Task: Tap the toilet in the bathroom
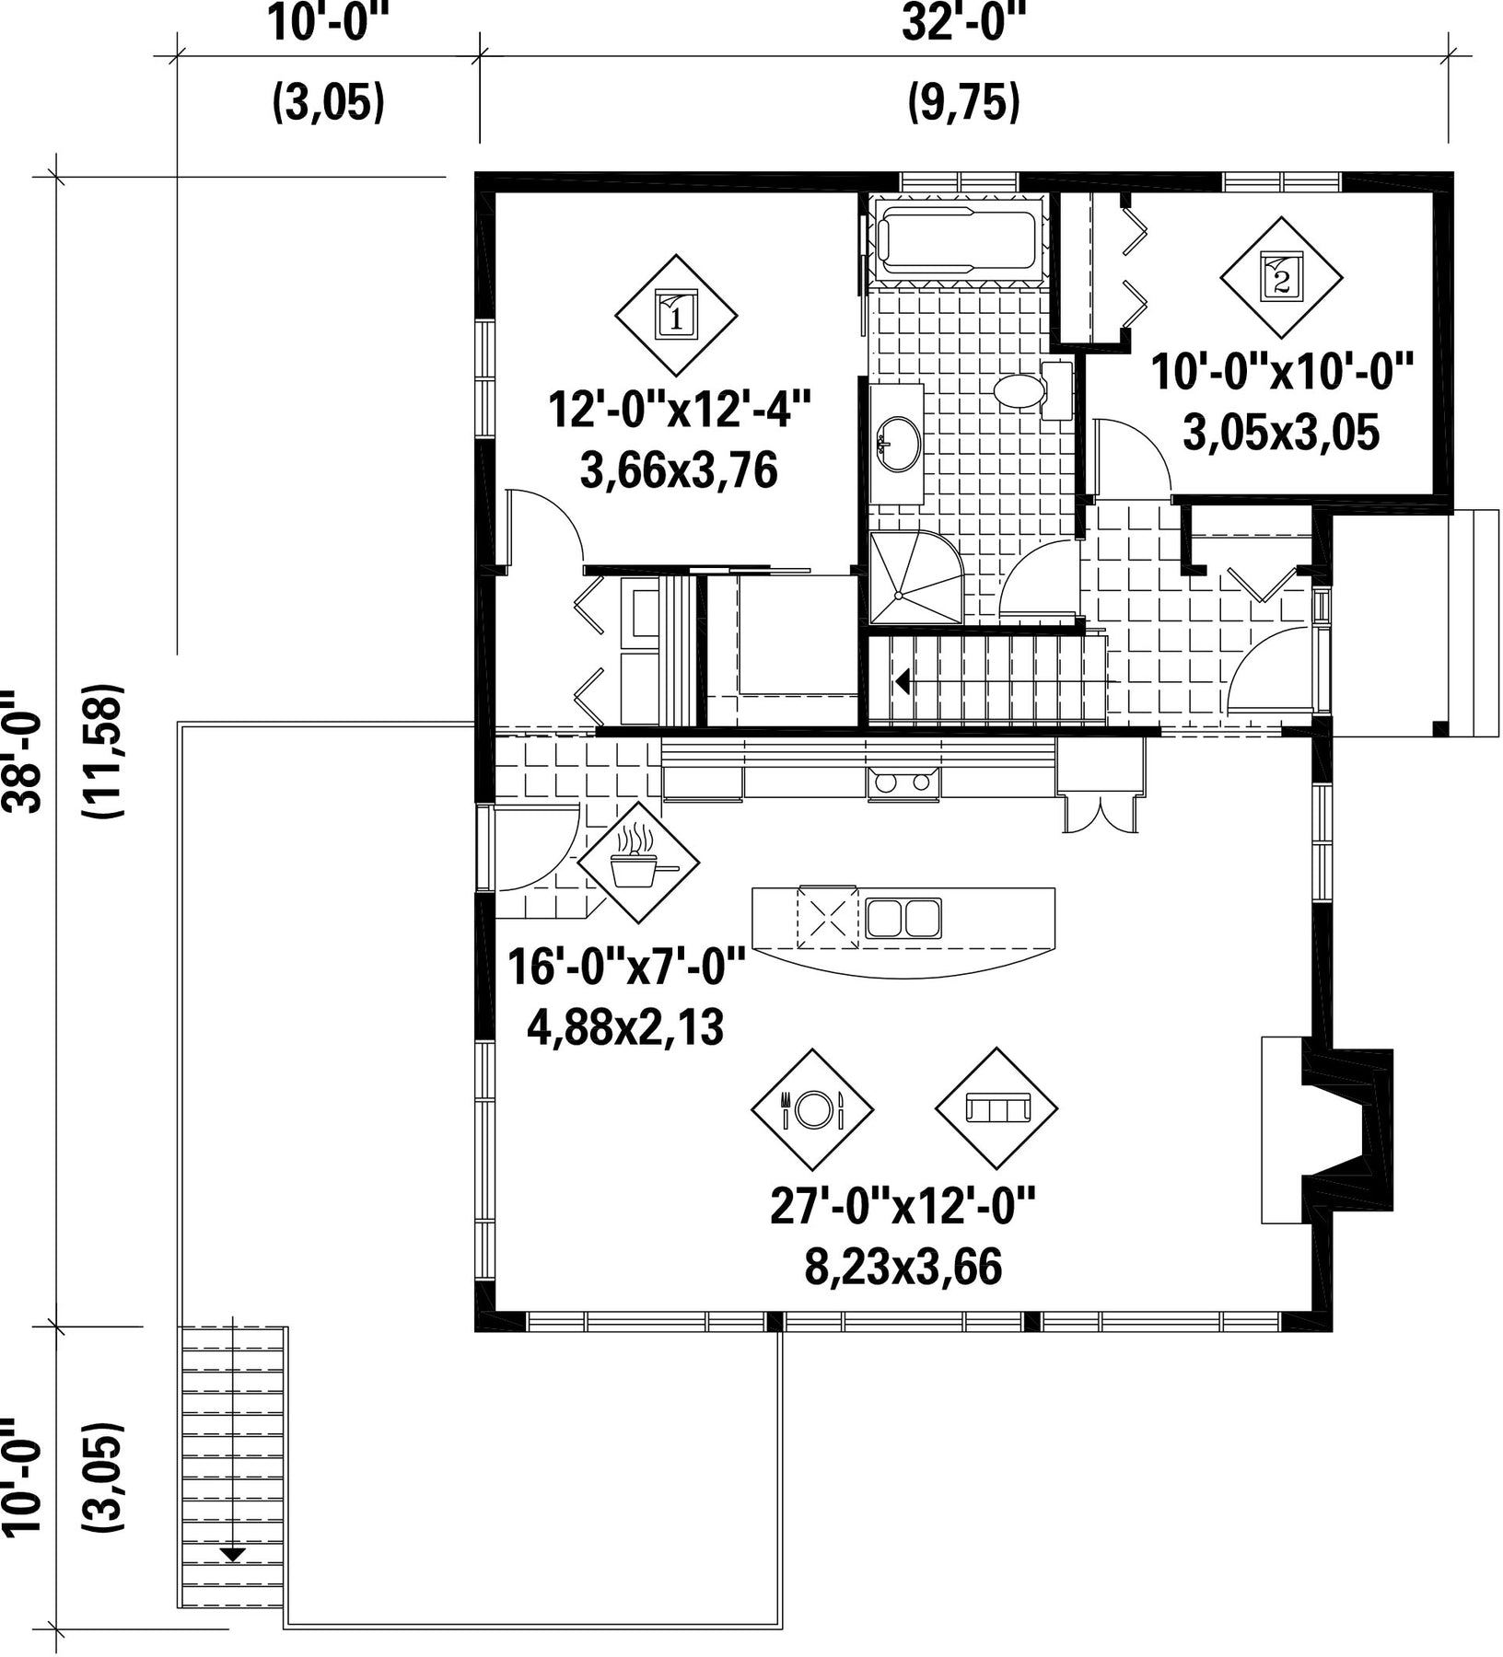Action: click(1032, 391)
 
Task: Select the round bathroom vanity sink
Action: click(898, 445)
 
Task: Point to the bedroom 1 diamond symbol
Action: click(676, 316)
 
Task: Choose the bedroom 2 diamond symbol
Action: click(1281, 277)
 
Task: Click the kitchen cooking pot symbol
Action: click(639, 862)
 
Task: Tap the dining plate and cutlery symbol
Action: click(812, 1108)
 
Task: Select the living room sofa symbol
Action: click(996, 1108)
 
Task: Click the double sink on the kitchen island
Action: click(903, 918)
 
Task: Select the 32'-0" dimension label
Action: click(963, 23)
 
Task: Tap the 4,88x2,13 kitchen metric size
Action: click(625, 1027)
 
